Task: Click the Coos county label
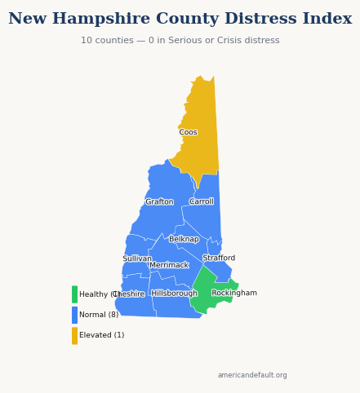188,132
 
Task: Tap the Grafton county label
159,202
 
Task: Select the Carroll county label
202,201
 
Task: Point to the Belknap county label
184,240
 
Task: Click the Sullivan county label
137,258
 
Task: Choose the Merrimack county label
169,265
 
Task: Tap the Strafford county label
219,258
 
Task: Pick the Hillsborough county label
174,294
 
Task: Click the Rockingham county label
234,294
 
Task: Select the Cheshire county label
129,294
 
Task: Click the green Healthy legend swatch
74,294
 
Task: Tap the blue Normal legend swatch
74,315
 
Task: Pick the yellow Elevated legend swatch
74,335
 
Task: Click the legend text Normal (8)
99,315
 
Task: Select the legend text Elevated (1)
102,335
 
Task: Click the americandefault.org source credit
252,375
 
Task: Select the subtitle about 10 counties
180,41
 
